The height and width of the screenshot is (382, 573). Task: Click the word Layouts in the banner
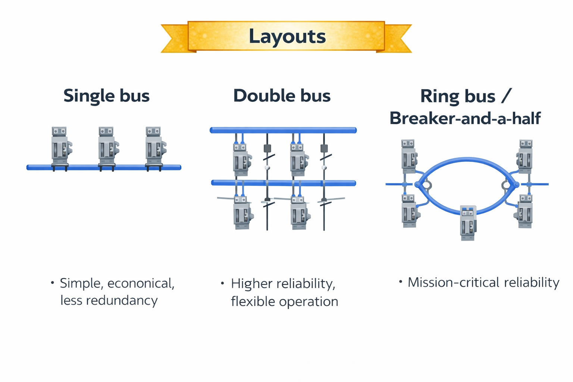(287, 37)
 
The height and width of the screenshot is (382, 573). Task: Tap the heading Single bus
(106, 95)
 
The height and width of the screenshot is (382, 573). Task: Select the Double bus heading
(282, 95)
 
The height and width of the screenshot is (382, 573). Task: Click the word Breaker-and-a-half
(465, 118)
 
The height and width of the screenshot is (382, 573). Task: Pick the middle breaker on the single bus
(107, 147)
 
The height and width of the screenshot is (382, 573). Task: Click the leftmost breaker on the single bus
(60, 147)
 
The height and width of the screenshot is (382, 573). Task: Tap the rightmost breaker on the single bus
(154, 147)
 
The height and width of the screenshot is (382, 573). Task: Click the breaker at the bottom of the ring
(468, 222)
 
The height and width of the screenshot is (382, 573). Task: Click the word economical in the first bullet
(141, 283)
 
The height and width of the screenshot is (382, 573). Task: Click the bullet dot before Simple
(53, 283)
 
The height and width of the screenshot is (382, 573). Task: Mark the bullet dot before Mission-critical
(401, 282)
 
